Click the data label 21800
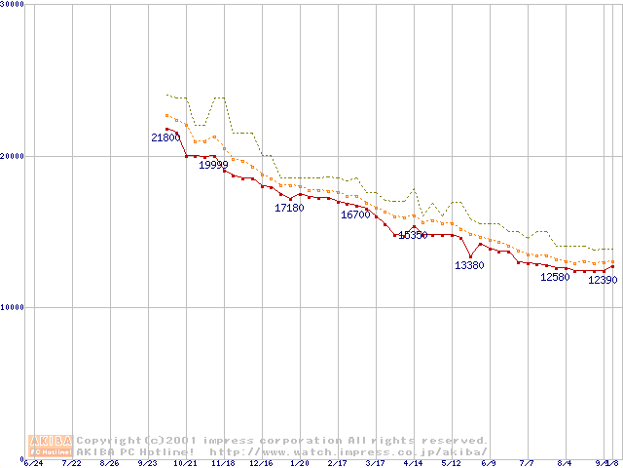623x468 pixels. (x=165, y=138)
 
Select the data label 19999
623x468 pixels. (x=213, y=165)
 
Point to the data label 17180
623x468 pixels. (x=289, y=208)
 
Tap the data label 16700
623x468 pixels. (x=355, y=214)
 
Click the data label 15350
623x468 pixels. (x=414, y=235)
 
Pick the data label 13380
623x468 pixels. (x=469, y=265)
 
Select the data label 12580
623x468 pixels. (x=555, y=277)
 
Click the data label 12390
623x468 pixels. (x=603, y=281)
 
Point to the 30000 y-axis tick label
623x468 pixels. (x=12, y=4)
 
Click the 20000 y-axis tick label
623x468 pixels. (x=12, y=156)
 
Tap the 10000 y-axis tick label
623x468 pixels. (x=12, y=307)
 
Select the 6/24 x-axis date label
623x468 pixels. (x=33, y=463)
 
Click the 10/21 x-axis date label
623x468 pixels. (x=185, y=463)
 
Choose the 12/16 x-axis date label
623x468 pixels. (x=261, y=463)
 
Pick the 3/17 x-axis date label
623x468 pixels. (x=375, y=463)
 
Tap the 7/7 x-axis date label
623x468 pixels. (x=527, y=463)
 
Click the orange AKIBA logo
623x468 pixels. (x=51, y=446)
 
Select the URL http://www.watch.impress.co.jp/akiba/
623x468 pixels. (x=348, y=451)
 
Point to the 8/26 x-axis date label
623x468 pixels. (x=109, y=463)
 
